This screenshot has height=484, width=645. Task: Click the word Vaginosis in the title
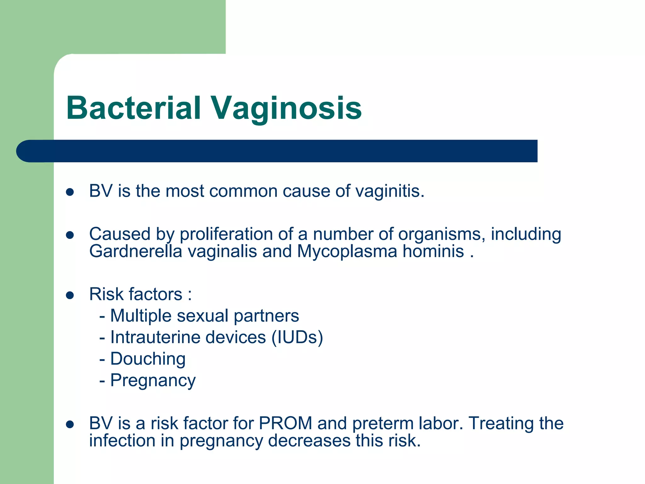286,109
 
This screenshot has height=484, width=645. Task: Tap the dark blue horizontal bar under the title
277,151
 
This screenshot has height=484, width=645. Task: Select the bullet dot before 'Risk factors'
70,295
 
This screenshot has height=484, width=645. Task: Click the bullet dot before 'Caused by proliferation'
70,235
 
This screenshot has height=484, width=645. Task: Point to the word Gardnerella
136,251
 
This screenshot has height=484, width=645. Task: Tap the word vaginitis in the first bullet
390,191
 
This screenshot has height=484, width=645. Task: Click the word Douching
148,359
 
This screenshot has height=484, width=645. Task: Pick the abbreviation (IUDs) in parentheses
297,337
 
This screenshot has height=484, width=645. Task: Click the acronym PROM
285,423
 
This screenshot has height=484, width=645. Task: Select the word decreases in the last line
309,441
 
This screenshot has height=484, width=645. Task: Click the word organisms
440,234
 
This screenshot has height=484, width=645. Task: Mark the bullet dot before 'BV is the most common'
70,192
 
